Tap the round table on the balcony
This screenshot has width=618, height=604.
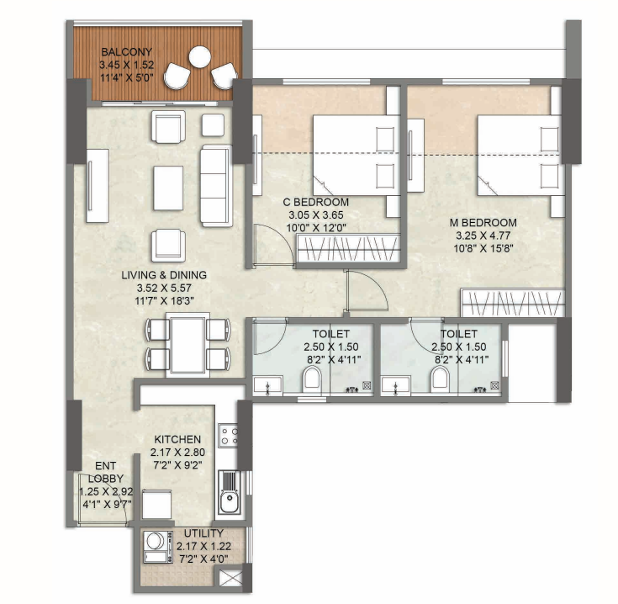200,58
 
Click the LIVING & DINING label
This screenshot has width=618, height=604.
163,275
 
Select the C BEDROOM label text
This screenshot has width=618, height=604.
316,203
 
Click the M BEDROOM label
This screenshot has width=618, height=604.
483,223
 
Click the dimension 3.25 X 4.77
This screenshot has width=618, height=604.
483,236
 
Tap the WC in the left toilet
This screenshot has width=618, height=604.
310,382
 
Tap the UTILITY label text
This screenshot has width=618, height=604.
203,533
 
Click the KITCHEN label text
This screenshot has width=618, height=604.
177,439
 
